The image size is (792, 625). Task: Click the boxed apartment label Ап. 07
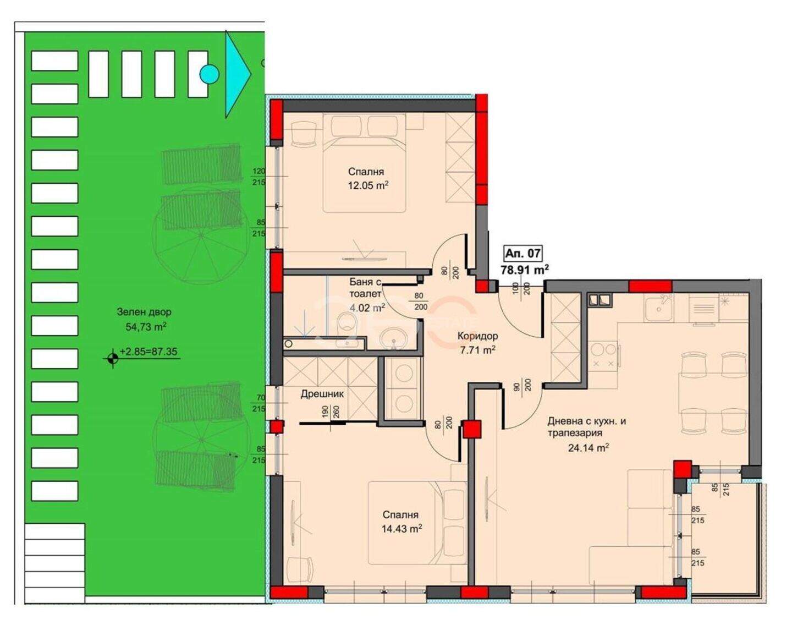(522, 253)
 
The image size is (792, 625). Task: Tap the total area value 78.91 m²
(525, 270)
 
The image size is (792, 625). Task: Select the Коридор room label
(478, 336)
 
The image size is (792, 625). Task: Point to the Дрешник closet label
(322, 394)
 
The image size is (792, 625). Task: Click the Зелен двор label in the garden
(144, 312)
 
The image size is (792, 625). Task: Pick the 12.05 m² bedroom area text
(369, 185)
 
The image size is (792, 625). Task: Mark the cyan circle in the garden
(210, 74)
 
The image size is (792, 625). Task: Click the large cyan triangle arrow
(238, 74)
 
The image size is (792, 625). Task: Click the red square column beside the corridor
(472, 430)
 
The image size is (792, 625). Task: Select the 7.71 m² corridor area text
(478, 350)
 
